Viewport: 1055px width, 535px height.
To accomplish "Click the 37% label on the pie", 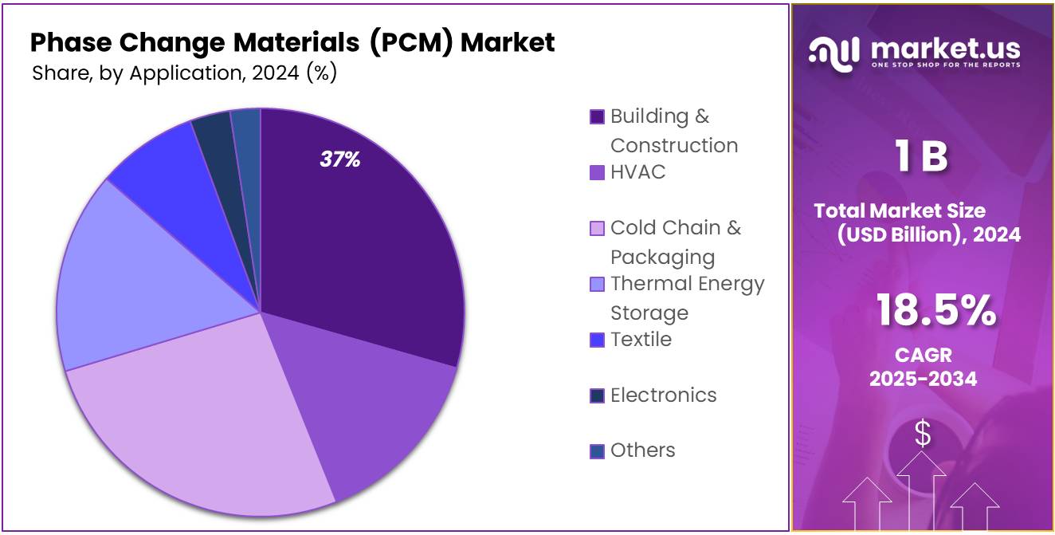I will coord(340,159).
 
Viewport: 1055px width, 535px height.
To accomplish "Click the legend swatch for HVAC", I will coord(597,172).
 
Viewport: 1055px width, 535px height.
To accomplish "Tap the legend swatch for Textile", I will coord(597,340).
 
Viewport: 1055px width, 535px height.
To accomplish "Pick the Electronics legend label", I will coord(663,395).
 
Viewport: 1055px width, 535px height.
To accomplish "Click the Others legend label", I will coord(642,450).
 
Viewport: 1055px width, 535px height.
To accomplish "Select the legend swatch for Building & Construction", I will coord(597,117).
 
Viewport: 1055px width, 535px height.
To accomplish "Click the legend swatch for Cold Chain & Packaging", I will coord(597,229).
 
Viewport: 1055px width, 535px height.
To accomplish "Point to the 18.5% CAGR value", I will coord(935,311).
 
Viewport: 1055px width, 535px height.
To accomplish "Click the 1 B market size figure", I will coord(921,156).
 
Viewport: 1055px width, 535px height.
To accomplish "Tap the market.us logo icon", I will coord(834,52).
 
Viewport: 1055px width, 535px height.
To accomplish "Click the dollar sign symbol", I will coord(923,434).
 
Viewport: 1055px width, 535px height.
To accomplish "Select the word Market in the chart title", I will coord(508,41).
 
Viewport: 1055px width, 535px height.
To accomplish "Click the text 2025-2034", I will coord(923,379).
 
